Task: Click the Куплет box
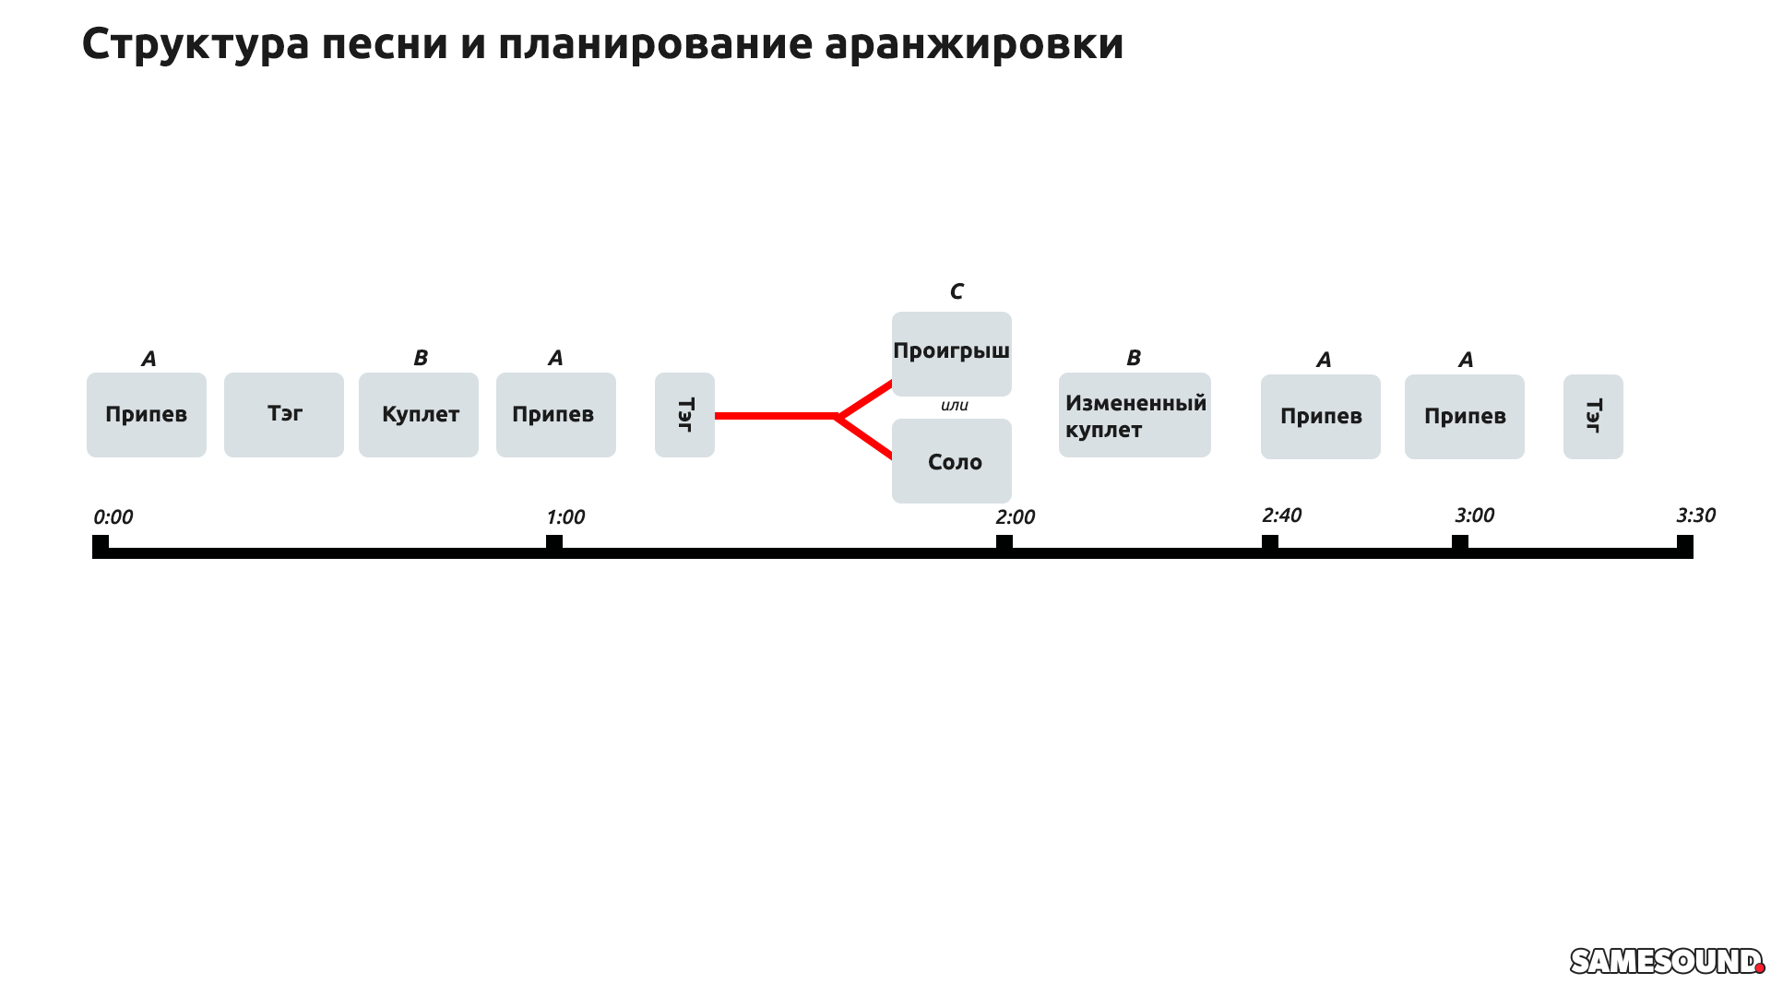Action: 419,415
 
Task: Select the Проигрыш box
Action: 951,353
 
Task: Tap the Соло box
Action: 951,461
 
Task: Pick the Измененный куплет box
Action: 1135,415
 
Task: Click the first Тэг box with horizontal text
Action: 284,415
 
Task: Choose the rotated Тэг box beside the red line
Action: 684,415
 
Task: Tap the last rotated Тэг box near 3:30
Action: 1593,417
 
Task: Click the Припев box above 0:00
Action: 147,415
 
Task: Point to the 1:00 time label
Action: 565,517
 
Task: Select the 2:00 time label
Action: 1015,517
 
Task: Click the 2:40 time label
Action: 1281,516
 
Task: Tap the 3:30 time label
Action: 1695,516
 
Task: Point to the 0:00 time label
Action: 113,517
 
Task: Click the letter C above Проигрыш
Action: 957,292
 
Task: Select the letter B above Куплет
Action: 421,358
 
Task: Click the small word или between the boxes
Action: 954,406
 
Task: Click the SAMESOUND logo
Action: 1666,961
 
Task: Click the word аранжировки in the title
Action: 974,43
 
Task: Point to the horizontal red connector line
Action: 775,416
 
